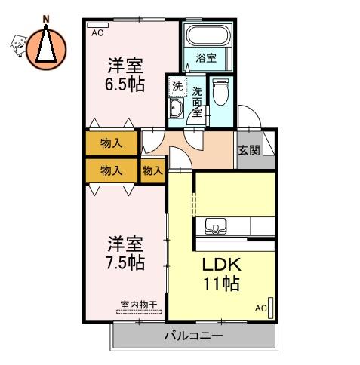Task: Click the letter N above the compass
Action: (46, 20)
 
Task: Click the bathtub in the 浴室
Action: (209, 35)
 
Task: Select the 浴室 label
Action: (206, 58)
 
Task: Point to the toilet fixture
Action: (221, 91)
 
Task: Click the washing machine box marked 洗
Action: (178, 87)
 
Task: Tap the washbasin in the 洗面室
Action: (176, 108)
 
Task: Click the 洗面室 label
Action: (197, 102)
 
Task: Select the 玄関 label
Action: (249, 150)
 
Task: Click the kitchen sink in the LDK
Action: (216, 225)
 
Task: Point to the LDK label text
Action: (222, 265)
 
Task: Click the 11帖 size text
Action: (221, 284)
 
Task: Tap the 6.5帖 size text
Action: (125, 84)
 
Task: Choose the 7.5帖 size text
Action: (125, 262)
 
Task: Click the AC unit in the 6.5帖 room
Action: (97, 25)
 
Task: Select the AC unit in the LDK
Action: (271, 308)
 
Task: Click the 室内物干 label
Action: (139, 305)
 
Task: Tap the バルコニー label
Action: (193, 336)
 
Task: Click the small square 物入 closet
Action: (152, 171)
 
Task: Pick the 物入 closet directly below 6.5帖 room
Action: (112, 143)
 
